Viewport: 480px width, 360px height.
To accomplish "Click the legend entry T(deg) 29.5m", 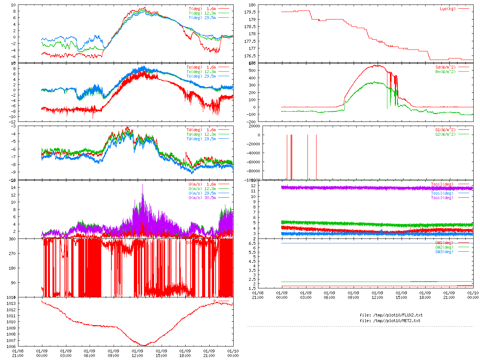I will click(202, 18).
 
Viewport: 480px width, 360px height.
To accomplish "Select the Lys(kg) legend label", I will click(448, 9).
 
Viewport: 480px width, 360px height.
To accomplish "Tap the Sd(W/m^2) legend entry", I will click(445, 67).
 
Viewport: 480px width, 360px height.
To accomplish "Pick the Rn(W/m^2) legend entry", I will click(445, 72).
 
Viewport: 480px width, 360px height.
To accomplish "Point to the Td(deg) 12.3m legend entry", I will click(201, 134).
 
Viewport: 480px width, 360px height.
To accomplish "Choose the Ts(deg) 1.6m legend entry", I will click(201, 67).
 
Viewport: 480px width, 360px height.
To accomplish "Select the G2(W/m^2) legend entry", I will click(445, 134).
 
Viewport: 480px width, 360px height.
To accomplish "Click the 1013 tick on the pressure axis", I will click(11, 303).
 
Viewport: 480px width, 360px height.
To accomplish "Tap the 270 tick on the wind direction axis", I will click(12, 253).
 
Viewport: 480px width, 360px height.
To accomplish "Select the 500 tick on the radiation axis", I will click(251, 70).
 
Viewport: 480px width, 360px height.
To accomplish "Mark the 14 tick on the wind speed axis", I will click(13, 187).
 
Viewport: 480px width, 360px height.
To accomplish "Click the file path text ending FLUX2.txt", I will click(391, 315).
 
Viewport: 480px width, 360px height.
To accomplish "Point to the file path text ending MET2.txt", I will click(390, 321).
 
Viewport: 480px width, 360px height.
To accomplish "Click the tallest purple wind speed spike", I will click(142, 185).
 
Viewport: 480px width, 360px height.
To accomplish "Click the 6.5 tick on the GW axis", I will click(252, 243).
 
